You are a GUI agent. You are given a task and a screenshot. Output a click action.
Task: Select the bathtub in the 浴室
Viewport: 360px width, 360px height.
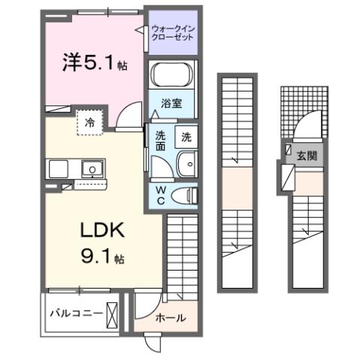(172, 77)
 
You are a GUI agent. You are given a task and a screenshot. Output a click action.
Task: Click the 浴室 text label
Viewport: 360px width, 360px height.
(172, 105)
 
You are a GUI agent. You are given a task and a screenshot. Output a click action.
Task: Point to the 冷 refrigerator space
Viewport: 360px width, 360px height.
(90, 123)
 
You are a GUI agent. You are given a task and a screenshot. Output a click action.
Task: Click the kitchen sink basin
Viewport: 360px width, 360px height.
(91, 169)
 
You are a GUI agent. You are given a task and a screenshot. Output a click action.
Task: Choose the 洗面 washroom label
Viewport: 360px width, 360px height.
(161, 141)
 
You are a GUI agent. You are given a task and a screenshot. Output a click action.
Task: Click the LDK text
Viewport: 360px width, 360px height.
(93, 228)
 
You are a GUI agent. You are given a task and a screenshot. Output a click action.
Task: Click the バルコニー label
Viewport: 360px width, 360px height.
(74, 312)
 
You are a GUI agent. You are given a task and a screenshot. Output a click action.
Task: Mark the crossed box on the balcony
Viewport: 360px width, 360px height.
(112, 313)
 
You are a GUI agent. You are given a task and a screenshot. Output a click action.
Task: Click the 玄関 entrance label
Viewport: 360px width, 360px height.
(306, 156)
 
